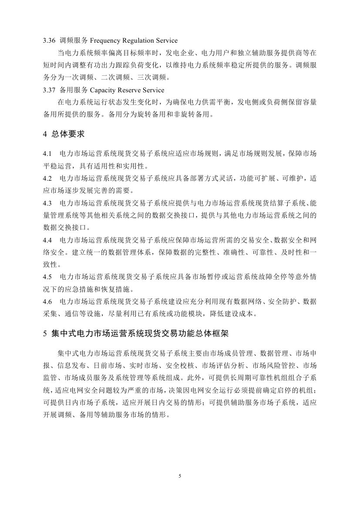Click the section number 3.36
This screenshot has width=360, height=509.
[x=48, y=40]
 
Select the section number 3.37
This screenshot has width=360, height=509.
[x=48, y=90]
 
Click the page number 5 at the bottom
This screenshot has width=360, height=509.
[x=180, y=476]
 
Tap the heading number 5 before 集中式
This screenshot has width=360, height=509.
[x=45, y=334]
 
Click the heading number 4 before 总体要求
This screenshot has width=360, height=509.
[x=45, y=134]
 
